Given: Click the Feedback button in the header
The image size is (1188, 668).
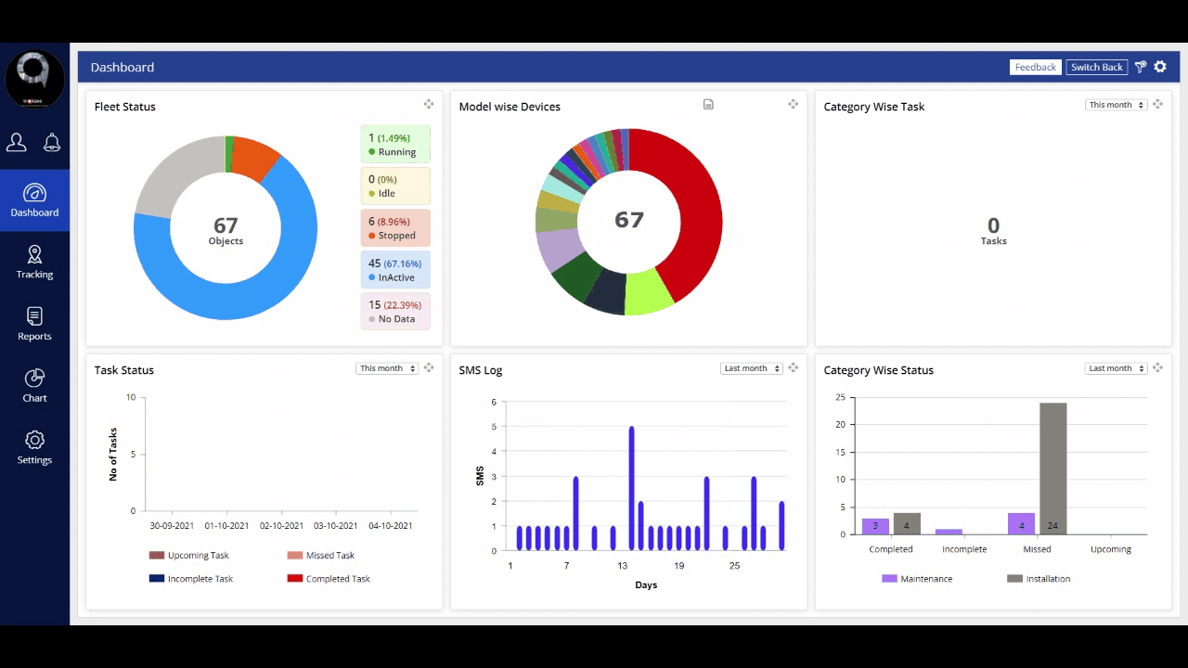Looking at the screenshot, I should point(1035,67).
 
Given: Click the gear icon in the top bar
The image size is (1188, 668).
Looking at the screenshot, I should point(1160,67).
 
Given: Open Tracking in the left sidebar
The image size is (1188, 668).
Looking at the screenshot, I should point(34,262).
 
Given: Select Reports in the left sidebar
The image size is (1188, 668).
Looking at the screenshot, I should point(34,324).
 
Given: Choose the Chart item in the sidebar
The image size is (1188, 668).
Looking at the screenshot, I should point(34,386).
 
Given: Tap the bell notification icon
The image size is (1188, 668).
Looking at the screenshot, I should point(52,142).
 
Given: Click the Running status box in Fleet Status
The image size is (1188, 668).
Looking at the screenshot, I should point(394,145).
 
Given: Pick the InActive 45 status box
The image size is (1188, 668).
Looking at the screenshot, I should point(394,270).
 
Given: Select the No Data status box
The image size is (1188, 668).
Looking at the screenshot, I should point(394,312).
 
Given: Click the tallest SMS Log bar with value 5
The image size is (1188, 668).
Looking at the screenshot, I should point(631,488).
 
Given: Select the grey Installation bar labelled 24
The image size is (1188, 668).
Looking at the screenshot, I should point(1052,469).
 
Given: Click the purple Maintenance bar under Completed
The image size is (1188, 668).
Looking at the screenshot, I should point(875,526).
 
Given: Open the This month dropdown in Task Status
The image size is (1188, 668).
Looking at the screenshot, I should point(387,368).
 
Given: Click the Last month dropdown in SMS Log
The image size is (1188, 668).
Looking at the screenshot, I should point(752,368).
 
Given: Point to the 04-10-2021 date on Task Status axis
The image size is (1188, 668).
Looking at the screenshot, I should point(389,526).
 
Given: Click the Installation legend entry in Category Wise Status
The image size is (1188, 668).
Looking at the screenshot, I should point(1039,579).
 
